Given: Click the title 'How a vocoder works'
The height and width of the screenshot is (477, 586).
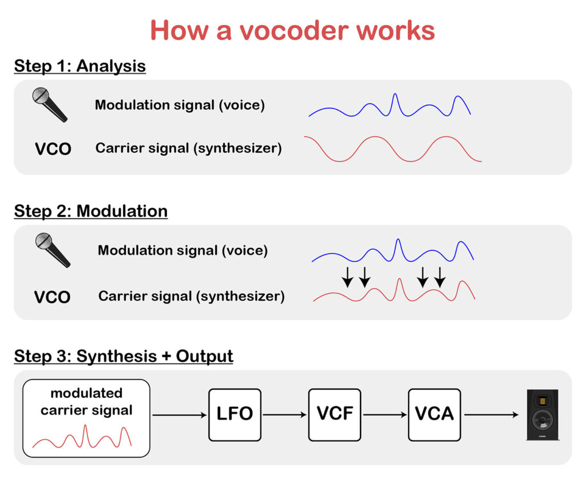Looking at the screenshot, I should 292,30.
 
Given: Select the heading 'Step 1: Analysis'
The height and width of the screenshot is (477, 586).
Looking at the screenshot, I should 80,66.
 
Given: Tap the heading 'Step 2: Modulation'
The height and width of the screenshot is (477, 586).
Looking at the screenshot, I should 90,211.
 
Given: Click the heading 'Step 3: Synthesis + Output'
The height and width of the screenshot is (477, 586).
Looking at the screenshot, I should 123,356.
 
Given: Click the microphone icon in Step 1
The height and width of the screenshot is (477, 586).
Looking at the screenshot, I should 49,104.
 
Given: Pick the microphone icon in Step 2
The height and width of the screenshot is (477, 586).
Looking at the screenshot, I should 52,250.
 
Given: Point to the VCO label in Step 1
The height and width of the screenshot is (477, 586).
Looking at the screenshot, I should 53,149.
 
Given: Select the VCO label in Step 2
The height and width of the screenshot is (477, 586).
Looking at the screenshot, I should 52,297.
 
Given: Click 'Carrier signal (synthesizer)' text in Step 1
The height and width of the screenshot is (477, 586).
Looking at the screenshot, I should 188,148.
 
